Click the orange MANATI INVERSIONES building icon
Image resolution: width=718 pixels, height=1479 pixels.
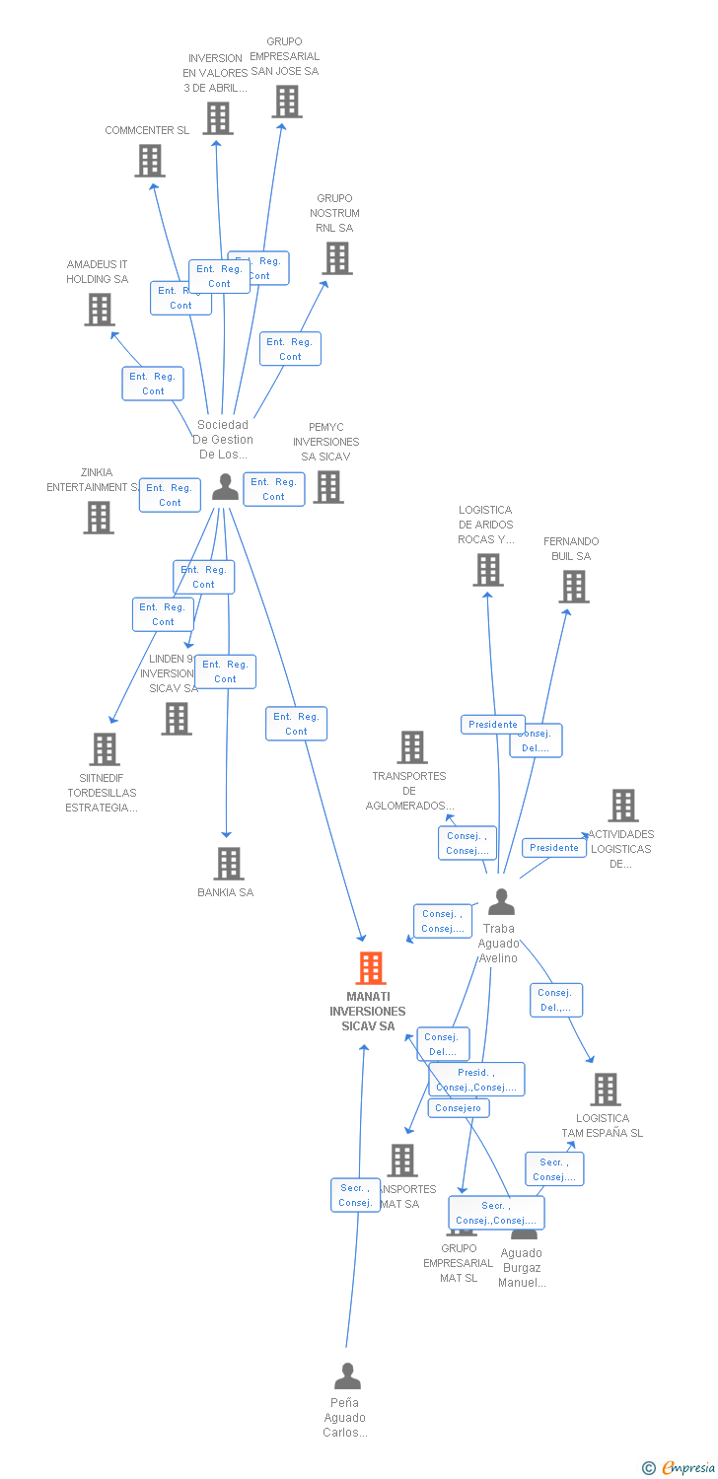pos(371,968)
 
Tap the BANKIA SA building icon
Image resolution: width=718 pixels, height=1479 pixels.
pos(229,864)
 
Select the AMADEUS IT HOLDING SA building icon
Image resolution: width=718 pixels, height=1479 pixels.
pos(99,310)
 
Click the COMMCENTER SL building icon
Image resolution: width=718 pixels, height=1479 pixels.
pos(150,161)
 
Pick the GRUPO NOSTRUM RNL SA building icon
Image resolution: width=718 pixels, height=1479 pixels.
pos(337,258)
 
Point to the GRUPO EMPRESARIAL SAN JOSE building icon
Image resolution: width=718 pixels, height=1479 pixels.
pos(287,102)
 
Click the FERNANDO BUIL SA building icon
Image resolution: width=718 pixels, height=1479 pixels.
pos(573,587)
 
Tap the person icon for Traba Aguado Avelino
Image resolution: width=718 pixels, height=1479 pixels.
pos(501,902)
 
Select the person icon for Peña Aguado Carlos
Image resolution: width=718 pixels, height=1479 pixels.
pos(347,1376)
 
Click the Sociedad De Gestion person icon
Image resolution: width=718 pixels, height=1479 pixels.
pos(226,487)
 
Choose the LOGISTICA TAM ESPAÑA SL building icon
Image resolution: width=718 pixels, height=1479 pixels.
pos(605,1090)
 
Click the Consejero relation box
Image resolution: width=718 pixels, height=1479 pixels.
pos(459,1108)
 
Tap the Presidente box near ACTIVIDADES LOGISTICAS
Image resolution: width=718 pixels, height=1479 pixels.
pos(553,848)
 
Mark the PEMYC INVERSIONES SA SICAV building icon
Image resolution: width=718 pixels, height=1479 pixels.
pos(328,486)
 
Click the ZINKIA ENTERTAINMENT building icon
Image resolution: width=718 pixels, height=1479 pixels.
pos(99,518)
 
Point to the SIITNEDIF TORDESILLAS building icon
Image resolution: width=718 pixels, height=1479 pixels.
pos(105,749)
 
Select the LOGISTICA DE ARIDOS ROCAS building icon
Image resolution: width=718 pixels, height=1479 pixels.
pos(488,570)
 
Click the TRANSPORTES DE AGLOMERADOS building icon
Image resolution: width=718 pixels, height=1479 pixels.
pos(412,747)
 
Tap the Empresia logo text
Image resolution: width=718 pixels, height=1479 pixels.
pos(687,1468)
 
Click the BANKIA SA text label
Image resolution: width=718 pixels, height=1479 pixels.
pos(225,893)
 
